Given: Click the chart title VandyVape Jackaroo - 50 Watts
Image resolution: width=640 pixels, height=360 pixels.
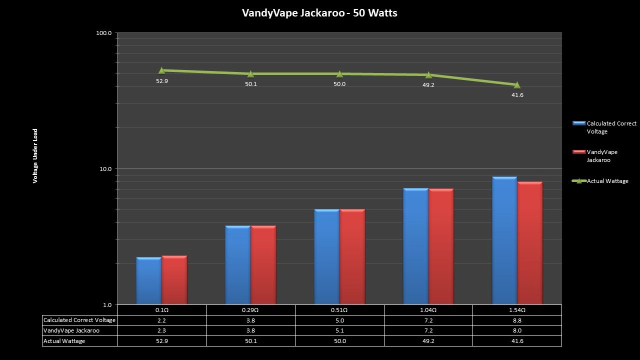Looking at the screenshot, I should coord(319,13).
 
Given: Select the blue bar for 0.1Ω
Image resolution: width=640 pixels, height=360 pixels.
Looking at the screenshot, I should coord(148,280).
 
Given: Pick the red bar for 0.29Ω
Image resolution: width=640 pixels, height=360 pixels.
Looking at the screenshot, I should coord(263,264).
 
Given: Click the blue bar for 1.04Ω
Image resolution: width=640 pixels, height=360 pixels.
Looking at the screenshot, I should coord(415,246).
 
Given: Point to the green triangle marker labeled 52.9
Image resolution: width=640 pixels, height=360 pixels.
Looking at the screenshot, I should coord(162,70).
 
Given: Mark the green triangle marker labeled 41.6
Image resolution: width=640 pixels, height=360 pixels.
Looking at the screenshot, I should coord(517,85).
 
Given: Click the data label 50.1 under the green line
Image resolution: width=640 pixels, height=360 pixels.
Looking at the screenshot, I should coord(251,84).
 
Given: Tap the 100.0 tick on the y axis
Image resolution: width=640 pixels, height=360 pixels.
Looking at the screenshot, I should coord(103,33).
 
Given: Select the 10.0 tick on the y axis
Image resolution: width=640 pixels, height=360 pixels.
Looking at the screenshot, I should coord(104,169).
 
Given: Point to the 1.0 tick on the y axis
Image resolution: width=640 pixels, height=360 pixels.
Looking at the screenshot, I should coord(106,305).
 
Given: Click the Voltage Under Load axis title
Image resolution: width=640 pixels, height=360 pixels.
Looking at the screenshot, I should coord(35,156).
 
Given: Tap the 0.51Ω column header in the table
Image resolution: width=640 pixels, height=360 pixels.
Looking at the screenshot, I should coord(339,310).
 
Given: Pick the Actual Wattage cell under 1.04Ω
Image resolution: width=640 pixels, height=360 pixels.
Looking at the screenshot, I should coord(428,341).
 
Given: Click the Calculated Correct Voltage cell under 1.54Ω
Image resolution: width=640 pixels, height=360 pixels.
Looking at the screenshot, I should coord(517,320).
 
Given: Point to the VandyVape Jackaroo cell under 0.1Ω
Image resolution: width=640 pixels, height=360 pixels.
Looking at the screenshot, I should coord(161,330).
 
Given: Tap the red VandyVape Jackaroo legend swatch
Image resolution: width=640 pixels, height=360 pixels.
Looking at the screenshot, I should coord(579,151).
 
